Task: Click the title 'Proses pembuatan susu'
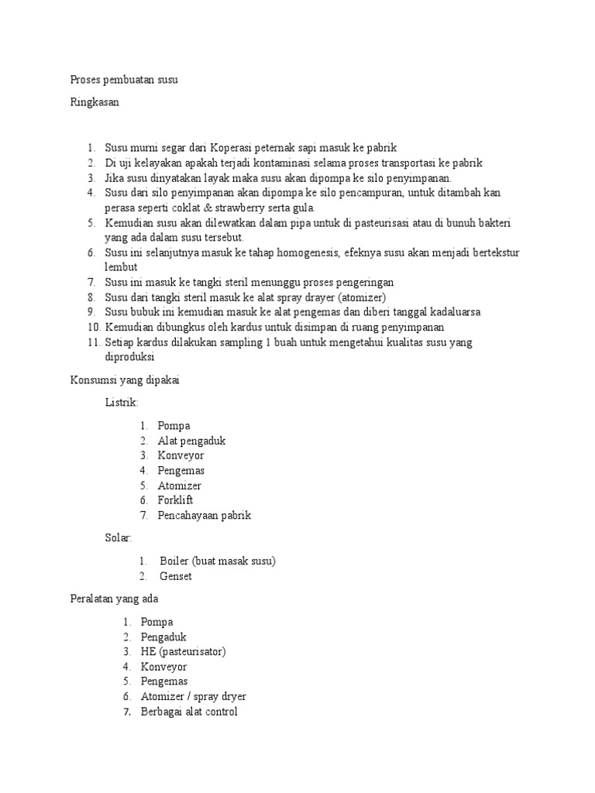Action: click(x=124, y=80)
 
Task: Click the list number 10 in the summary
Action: click(x=94, y=328)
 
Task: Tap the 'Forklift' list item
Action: click(x=175, y=500)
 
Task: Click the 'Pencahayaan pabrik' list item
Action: click(x=205, y=515)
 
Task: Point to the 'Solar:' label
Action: click(x=119, y=537)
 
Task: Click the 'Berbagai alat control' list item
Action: click(x=189, y=712)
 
